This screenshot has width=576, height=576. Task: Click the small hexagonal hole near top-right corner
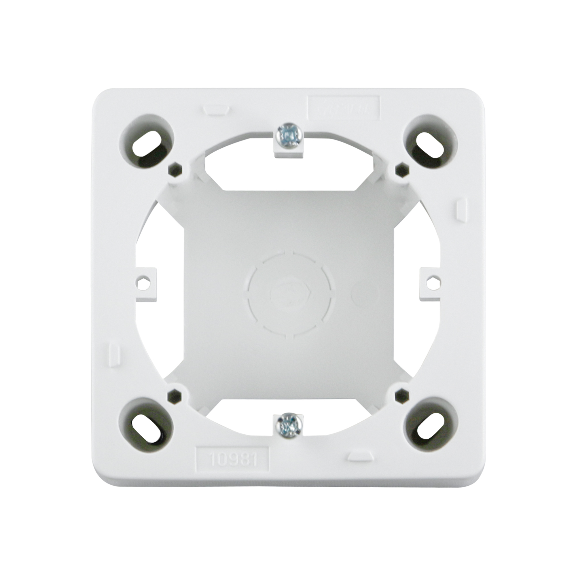click(401, 169)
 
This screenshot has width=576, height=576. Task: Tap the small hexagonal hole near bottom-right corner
click(401, 396)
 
